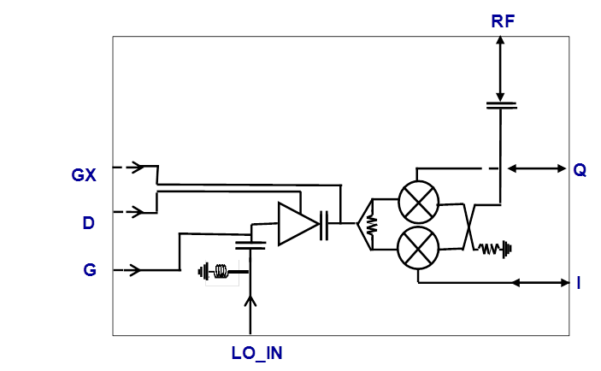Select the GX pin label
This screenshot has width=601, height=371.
[x=84, y=175]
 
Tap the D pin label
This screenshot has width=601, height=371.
[x=88, y=222]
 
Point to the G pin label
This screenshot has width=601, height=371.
[x=90, y=270]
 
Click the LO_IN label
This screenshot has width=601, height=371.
[x=256, y=353]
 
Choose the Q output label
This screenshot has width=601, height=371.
[x=580, y=169]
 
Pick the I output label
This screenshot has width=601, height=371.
[x=579, y=282]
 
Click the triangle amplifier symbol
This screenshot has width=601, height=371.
[x=296, y=224]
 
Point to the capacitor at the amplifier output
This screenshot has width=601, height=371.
[x=325, y=224]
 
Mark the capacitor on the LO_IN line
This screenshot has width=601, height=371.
[x=250, y=244]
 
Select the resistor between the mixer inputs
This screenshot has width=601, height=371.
[x=372, y=225]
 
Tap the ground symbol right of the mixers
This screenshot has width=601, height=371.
[x=510, y=250]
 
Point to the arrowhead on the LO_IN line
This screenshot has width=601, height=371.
[x=250, y=300]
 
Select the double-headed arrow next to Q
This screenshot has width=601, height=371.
[x=535, y=168]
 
